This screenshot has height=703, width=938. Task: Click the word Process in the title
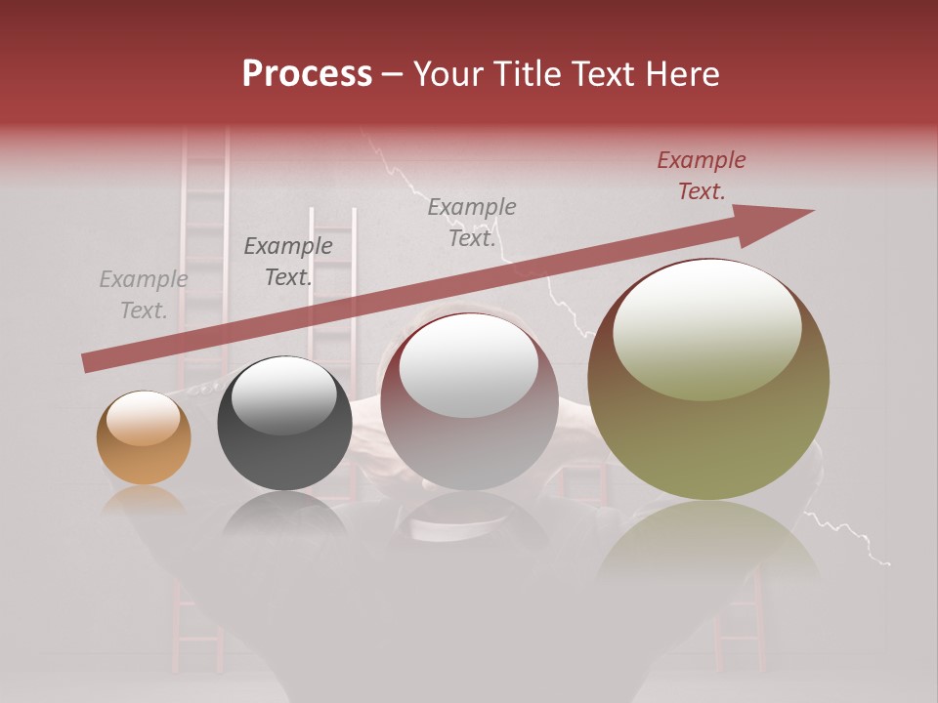(x=307, y=74)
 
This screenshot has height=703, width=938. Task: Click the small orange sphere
(x=144, y=438)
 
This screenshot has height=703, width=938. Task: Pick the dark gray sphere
(x=284, y=424)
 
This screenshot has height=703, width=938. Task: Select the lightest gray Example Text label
(x=143, y=295)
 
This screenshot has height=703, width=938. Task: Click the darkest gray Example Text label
(x=288, y=262)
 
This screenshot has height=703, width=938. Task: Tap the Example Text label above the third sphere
(x=472, y=223)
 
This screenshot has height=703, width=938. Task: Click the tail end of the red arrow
(x=88, y=362)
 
